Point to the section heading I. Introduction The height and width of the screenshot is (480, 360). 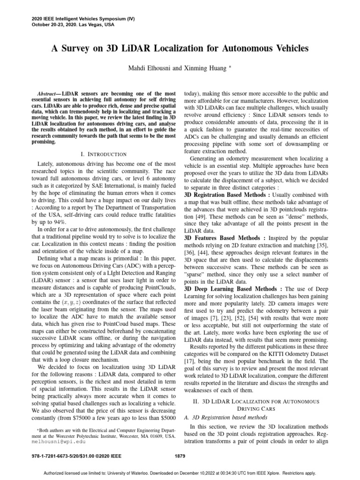pos(104,154)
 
